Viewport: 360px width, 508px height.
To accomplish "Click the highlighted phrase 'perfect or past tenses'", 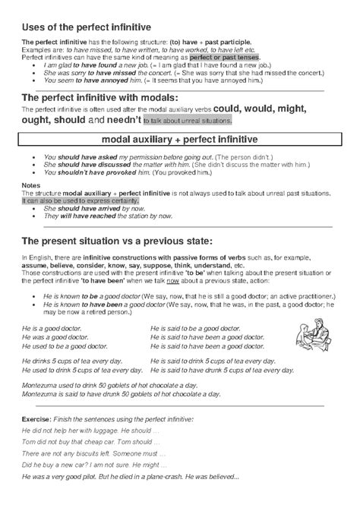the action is (224, 57).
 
